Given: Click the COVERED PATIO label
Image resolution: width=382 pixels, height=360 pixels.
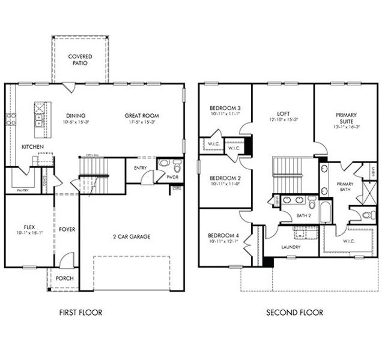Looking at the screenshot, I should [80, 59].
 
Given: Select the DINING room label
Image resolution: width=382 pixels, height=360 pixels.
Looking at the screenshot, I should [76, 116].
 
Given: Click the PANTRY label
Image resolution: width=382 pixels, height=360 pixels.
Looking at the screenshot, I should [22, 190].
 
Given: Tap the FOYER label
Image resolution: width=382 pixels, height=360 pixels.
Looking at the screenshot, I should [67, 229].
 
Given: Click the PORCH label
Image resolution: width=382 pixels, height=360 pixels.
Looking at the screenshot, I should [64, 278].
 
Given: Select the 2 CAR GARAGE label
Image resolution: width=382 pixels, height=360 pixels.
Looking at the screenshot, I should [131, 236].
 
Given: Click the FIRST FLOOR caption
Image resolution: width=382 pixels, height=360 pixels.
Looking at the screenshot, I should [80, 313].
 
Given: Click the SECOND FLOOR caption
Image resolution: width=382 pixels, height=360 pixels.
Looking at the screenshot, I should [294, 313].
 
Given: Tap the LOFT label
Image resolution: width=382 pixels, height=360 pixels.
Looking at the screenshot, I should [283, 113].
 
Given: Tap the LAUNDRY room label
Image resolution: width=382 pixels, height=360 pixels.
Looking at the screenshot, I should [291, 247].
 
